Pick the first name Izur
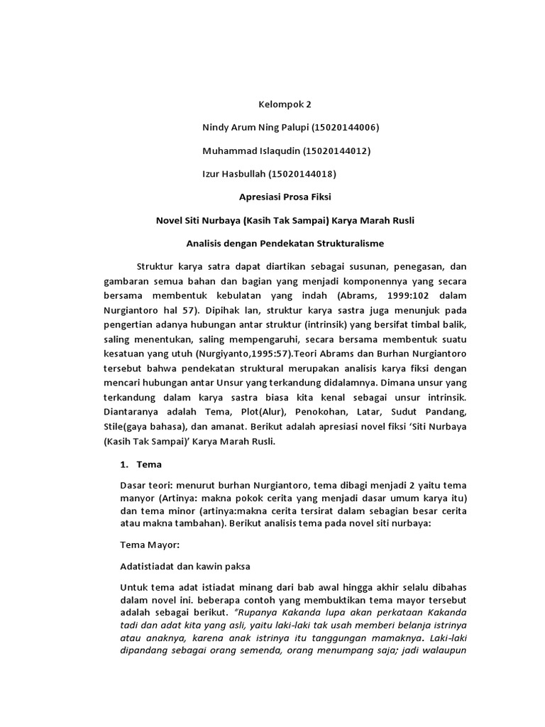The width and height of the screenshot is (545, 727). (x=214, y=173)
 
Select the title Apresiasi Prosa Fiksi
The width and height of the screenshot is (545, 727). (x=284, y=197)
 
